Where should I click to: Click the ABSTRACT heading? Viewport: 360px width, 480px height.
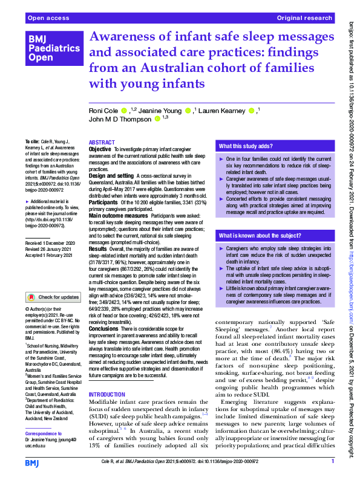click(x=102, y=142)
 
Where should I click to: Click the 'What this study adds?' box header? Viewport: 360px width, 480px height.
click(x=244, y=146)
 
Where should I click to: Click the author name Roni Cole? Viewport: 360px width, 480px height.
click(x=103, y=111)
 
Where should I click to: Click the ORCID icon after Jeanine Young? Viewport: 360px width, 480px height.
click(x=188, y=111)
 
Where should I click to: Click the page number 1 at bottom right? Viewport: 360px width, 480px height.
click(x=332, y=462)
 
